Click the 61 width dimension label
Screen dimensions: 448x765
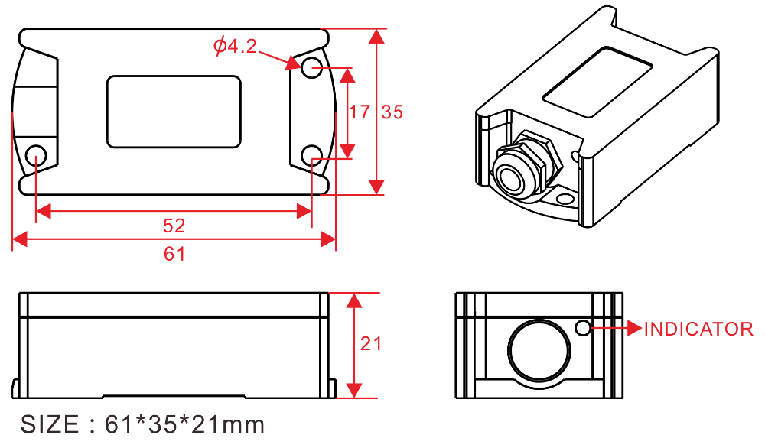coord(175,254)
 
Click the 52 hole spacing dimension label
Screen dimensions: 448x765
coord(174,226)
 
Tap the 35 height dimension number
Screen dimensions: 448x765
coord(392,112)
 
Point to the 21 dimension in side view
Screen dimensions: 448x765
coord(371,344)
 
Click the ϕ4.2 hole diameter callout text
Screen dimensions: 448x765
coord(235,47)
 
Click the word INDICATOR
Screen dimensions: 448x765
coord(698,330)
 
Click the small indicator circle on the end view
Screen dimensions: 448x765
coord(582,328)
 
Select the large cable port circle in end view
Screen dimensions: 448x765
coord(539,350)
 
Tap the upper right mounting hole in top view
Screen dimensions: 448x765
coord(311,68)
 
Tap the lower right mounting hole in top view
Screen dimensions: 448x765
coord(311,155)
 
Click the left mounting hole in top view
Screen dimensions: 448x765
coord(36,155)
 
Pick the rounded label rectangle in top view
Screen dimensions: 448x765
coord(174,112)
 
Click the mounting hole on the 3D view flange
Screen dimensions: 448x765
coord(565,200)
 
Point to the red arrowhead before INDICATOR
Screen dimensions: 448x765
coord(634,328)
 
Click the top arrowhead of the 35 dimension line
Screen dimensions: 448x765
coord(376,37)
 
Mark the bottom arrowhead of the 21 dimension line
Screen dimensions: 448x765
coord(354,391)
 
